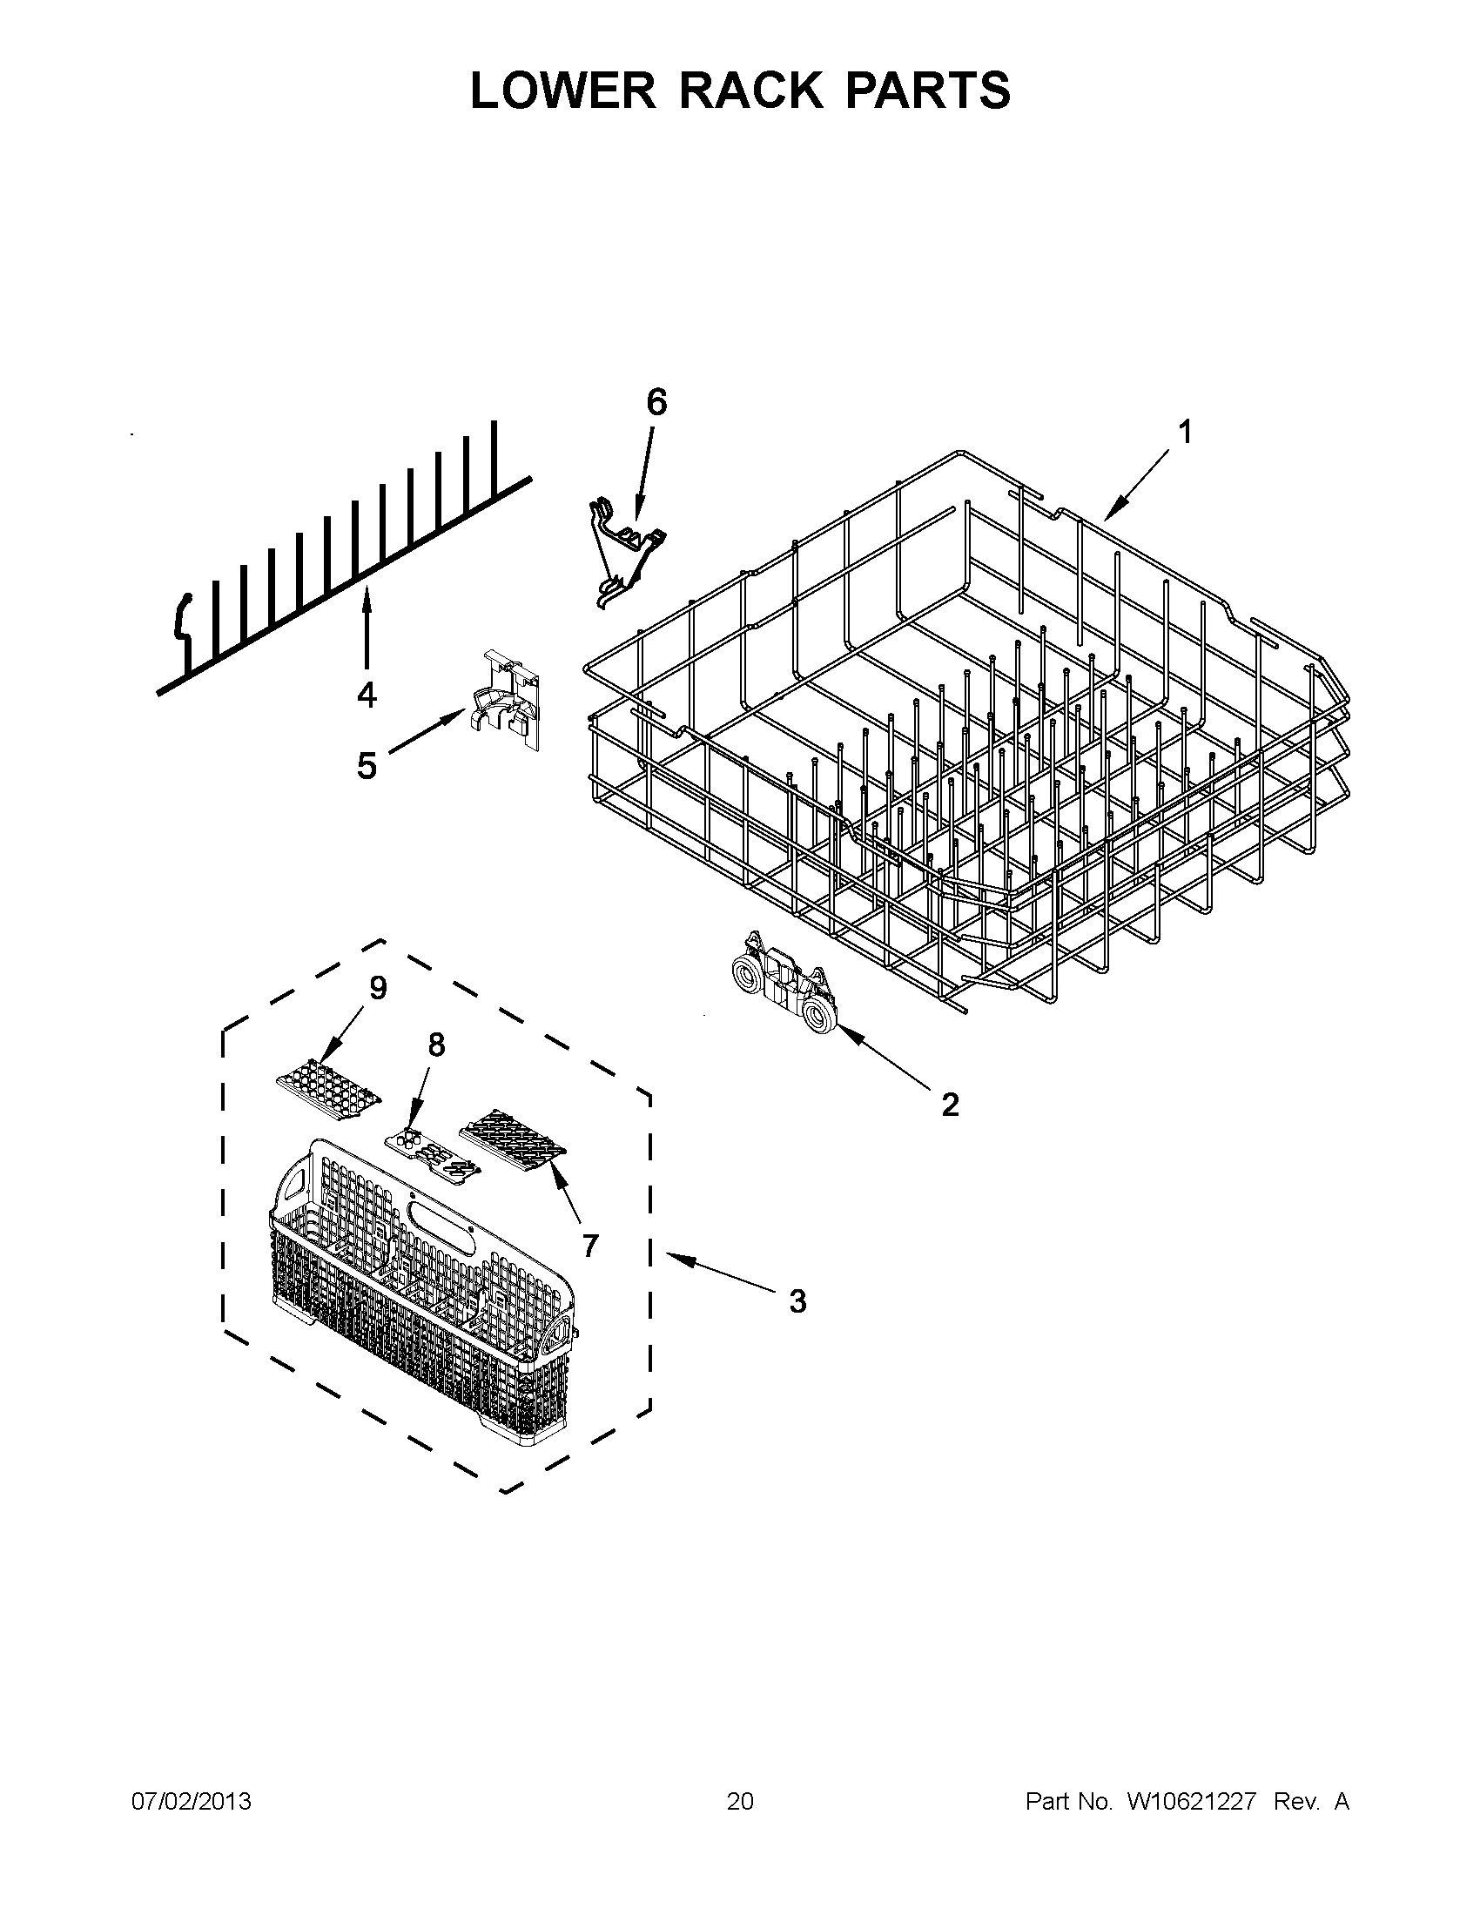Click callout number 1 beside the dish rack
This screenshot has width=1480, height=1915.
pos(1185,433)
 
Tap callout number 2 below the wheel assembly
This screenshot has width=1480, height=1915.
pos(950,1105)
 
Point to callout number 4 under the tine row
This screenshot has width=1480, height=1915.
pos(367,695)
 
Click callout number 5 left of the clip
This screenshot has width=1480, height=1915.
pos(366,765)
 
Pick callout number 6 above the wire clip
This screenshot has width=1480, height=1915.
pos(656,402)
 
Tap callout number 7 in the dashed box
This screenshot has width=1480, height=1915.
pos(590,1244)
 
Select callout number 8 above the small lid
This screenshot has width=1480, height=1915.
pos(436,1045)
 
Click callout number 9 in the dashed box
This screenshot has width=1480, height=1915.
pos(378,988)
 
